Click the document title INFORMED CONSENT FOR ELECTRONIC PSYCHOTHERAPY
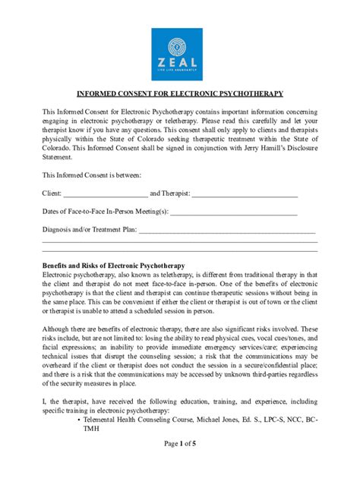point(179,94)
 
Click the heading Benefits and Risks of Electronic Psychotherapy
point(114,266)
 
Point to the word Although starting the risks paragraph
point(59,329)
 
